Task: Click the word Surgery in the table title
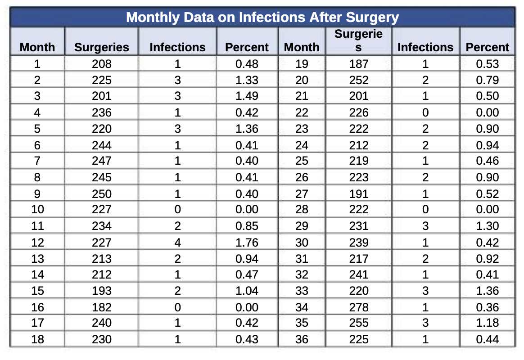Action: (x=372, y=18)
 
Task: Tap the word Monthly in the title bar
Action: (x=153, y=18)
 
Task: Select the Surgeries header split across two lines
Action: (x=358, y=40)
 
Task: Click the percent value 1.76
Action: (x=247, y=243)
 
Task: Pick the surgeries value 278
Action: (x=359, y=307)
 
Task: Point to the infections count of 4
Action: (x=177, y=243)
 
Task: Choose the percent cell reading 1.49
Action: (x=247, y=96)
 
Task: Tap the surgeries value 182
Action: (x=102, y=307)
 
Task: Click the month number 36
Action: (x=302, y=339)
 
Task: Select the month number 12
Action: (x=37, y=243)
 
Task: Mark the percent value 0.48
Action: (x=247, y=64)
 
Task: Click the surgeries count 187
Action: (x=359, y=64)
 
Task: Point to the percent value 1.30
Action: (x=488, y=226)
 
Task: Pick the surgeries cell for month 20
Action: (x=359, y=80)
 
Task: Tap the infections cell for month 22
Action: (x=425, y=112)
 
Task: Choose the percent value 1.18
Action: (x=488, y=323)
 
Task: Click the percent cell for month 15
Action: (x=247, y=291)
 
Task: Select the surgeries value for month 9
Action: (x=102, y=194)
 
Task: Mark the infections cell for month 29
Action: (x=425, y=226)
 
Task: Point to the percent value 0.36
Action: (x=488, y=307)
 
